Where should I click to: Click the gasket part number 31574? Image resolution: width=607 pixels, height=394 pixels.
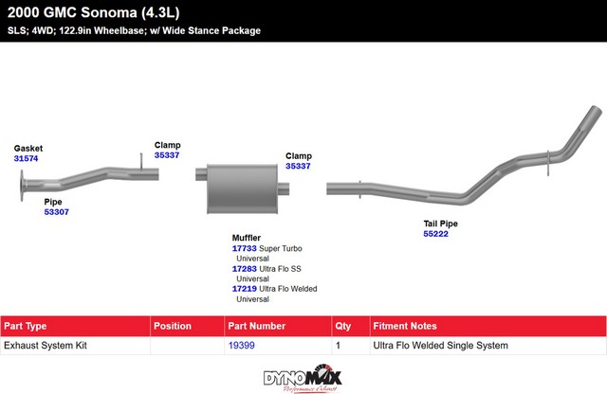(x=26, y=158)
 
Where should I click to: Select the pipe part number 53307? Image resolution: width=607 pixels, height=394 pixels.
(x=57, y=212)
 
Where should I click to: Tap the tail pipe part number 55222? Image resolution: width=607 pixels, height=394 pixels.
(x=436, y=234)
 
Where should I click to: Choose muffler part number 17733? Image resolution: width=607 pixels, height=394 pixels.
(x=245, y=249)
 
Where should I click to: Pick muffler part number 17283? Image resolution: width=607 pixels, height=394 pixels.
(x=245, y=269)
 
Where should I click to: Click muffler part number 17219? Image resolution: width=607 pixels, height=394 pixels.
(x=245, y=289)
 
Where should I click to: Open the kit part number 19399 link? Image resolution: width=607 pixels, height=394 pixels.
(x=242, y=346)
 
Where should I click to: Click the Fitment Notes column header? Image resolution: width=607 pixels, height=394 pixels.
(x=405, y=326)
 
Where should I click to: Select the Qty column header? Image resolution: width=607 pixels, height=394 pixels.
(x=343, y=327)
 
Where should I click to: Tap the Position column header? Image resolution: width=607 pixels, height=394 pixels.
(x=173, y=326)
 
